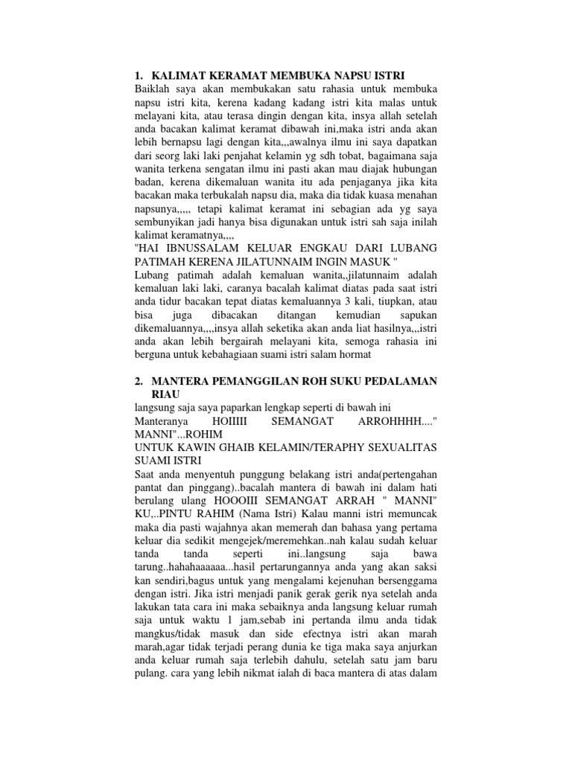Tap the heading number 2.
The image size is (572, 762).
(139, 381)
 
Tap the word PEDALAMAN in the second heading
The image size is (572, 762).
(401, 381)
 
